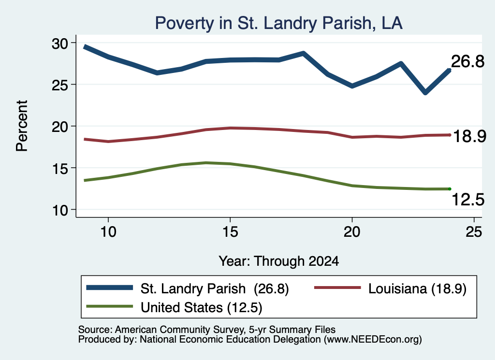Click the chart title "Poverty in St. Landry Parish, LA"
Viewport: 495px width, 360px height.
279,23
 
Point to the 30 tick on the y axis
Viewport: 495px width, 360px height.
60,43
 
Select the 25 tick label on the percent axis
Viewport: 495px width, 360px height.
60,85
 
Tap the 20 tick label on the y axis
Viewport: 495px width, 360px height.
60,127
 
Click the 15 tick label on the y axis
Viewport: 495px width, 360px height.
60,169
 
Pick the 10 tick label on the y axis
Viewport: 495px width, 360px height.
60,210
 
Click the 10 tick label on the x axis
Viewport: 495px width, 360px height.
108,232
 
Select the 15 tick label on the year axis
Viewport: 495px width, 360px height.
230,232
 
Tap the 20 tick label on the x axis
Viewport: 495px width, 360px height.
352,232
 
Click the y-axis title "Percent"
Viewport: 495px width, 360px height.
22,126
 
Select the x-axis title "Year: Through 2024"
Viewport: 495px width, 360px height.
279,261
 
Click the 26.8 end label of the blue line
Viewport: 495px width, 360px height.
467,61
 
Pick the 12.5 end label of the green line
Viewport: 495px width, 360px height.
468,200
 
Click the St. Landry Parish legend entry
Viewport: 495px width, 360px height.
188,288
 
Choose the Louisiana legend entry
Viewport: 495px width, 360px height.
391,288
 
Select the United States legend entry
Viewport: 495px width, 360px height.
174,307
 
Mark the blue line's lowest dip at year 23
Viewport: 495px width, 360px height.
425,92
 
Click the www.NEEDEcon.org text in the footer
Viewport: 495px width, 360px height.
372,340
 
